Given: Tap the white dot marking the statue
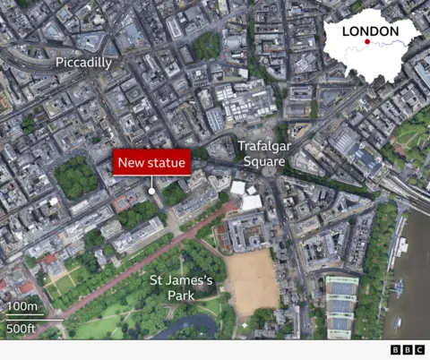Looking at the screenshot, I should click(151, 191).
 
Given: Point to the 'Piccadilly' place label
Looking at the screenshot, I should click(83, 63).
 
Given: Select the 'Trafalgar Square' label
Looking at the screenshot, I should click(261, 153).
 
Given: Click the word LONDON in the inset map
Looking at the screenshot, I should click(370, 31).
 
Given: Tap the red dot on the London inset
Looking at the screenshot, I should click(367, 41).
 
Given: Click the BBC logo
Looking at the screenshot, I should click(407, 349).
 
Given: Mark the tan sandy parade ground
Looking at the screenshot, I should click(252, 279).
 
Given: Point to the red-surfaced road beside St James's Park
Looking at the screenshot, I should click(134, 260).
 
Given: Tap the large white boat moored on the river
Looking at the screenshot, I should click(397, 288).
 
